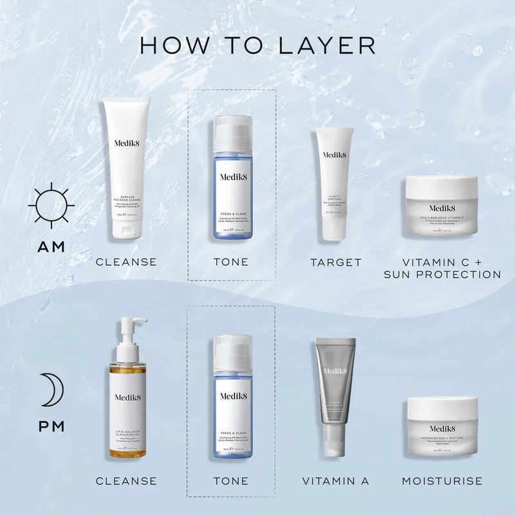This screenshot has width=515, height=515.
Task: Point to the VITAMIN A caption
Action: point(335,481)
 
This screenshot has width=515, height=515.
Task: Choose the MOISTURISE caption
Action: point(442,481)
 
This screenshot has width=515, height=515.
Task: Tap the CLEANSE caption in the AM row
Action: point(126,263)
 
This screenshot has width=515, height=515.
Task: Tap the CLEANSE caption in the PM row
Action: point(126,481)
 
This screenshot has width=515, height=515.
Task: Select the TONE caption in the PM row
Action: point(230,481)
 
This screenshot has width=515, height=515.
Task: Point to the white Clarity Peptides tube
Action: point(334,174)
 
